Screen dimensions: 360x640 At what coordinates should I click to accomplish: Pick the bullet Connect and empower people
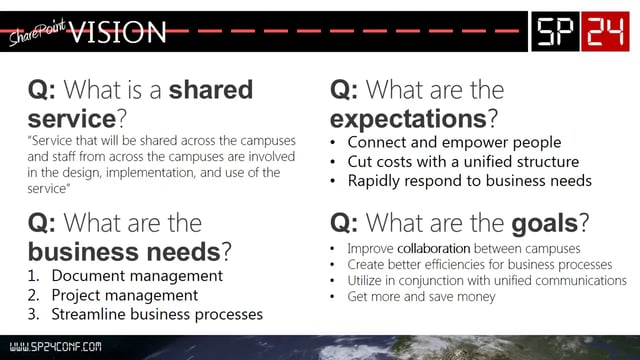(453, 142)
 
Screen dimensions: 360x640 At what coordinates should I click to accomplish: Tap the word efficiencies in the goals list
(465, 265)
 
